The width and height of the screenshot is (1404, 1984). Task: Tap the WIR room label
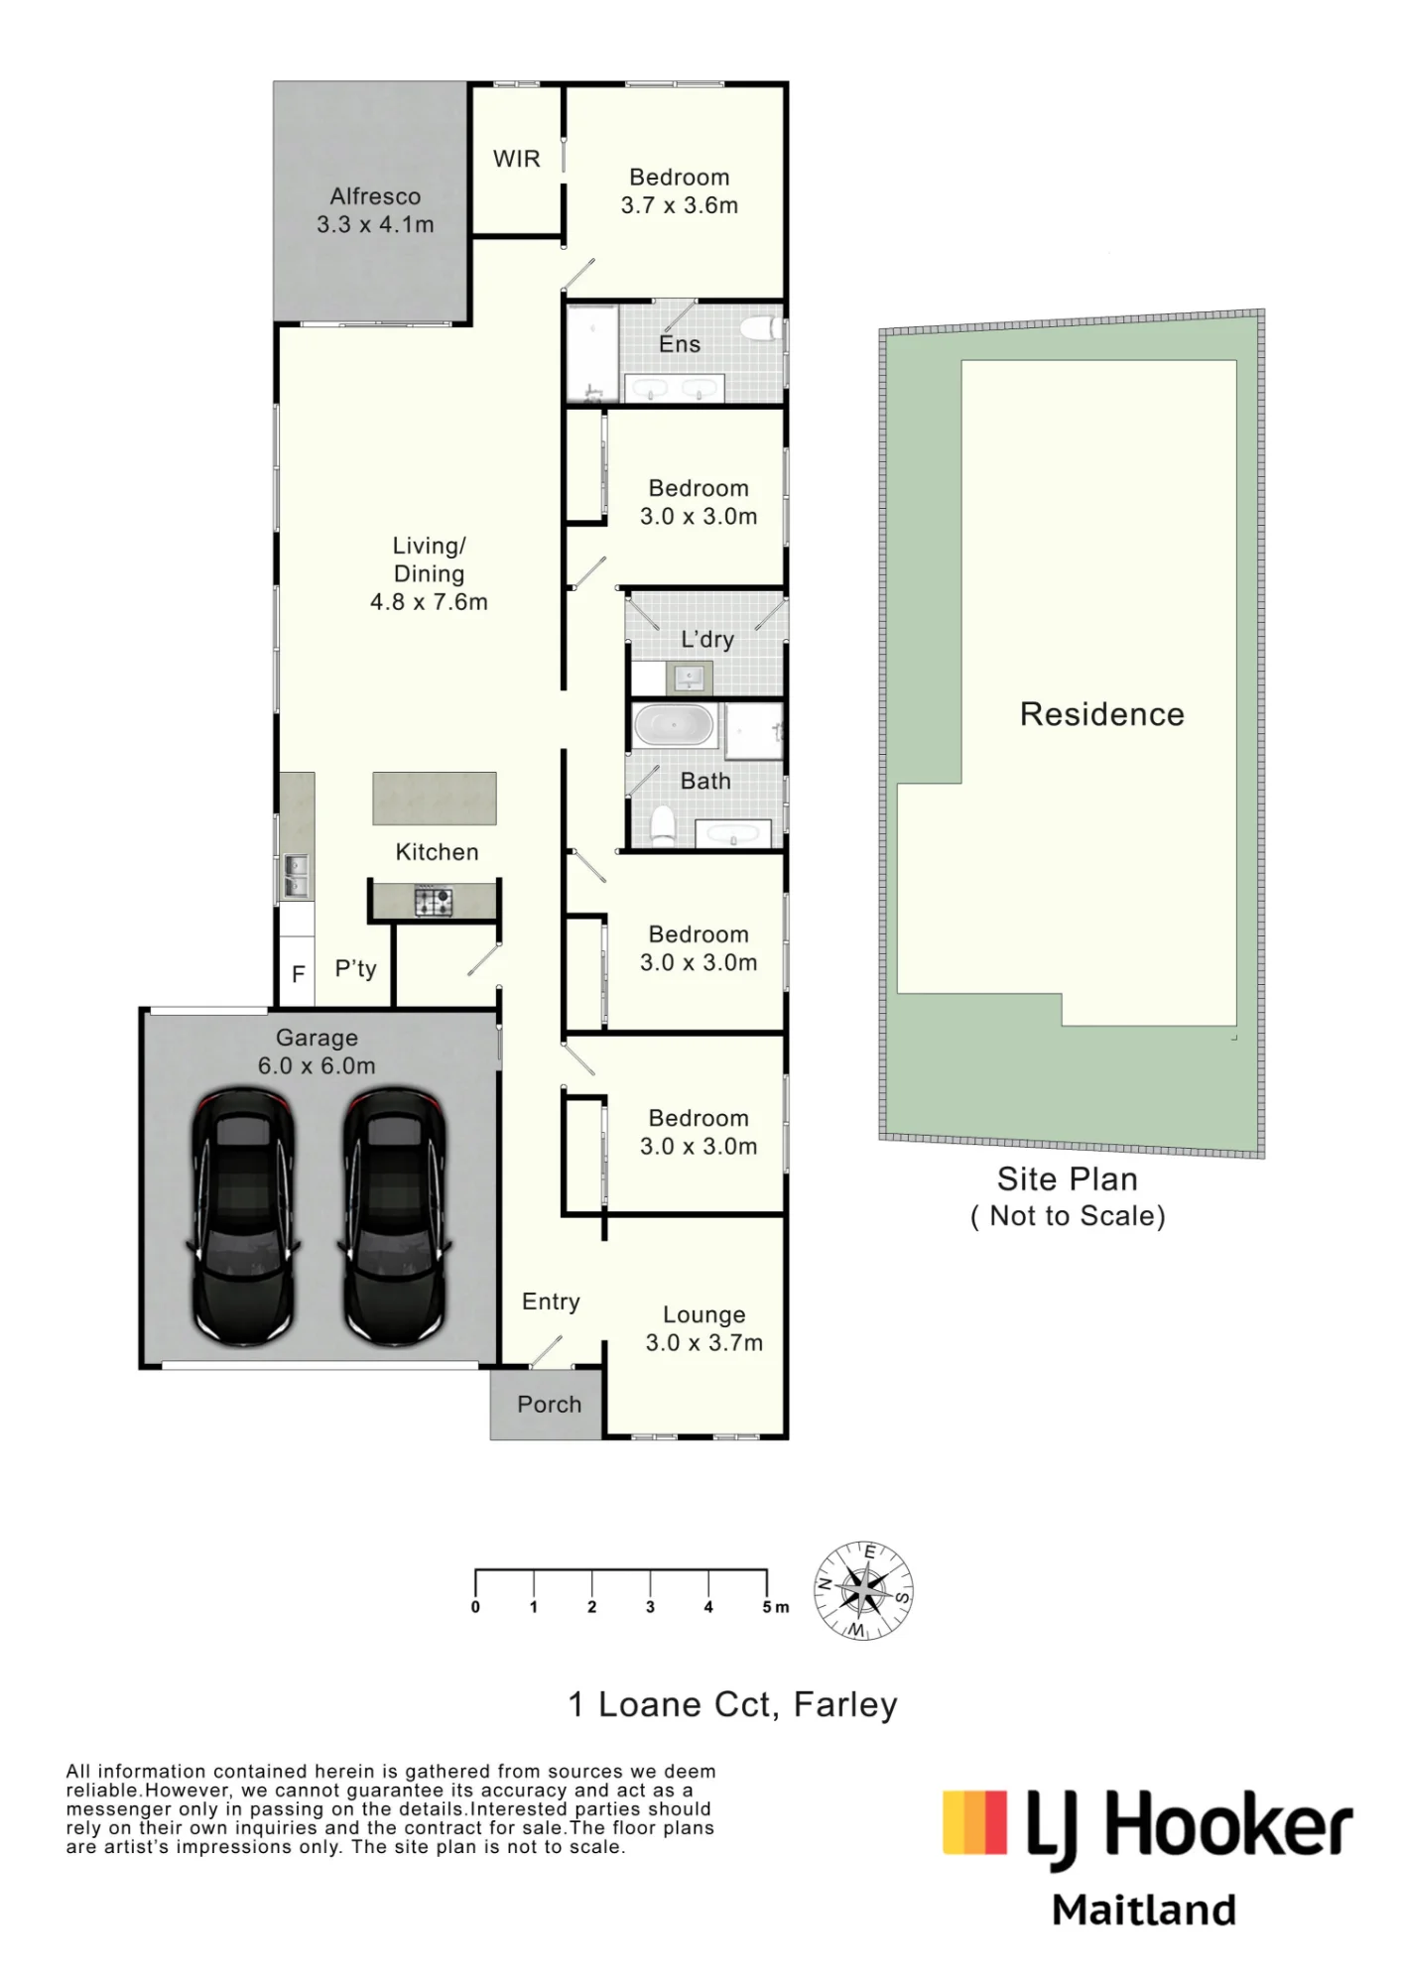[x=517, y=159]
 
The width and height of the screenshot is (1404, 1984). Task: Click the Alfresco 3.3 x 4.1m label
[x=375, y=210]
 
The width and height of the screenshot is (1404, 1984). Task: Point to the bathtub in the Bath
[x=675, y=725]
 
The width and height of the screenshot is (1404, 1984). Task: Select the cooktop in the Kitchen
[x=434, y=902]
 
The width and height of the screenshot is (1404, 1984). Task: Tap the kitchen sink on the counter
[x=296, y=875]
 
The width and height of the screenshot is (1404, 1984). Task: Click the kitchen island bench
[x=435, y=799]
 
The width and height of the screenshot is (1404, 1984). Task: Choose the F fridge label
[x=298, y=974]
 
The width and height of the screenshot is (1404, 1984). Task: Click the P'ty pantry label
[x=356, y=969]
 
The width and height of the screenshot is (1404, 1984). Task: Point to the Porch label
[x=550, y=1405]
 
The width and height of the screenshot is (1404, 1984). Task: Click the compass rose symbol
[x=864, y=1590]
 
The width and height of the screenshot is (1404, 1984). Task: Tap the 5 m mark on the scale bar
[x=776, y=1607]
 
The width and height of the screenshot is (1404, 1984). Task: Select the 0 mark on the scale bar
[x=475, y=1607]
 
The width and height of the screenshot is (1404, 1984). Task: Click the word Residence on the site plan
[x=1102, y=714]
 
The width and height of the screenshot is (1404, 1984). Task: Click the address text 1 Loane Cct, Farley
[x=732, y=1704]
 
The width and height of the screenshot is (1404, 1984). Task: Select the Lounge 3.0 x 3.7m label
[x=704, y=1328]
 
